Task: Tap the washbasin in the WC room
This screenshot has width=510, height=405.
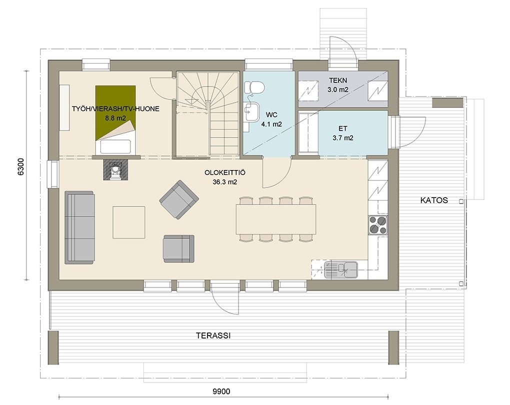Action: (252, 111)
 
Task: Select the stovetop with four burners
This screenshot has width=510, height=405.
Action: (378, 225)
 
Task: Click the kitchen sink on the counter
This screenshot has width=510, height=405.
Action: (341, 269)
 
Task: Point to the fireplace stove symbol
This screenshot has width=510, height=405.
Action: (115, 169)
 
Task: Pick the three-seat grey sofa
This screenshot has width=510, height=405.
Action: (79, 227)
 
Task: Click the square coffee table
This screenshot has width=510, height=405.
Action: (129, 222)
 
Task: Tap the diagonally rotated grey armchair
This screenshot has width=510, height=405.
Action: (179, 199)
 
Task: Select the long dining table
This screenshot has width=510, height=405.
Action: (276, 219)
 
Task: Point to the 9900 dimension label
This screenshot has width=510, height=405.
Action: (221, 391)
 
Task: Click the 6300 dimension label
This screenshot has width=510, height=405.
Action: (20, 166)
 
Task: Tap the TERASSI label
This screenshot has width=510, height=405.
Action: (213, 335)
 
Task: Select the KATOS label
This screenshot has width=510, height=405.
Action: (434, 200)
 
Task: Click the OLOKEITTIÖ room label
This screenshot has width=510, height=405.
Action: (225, 172)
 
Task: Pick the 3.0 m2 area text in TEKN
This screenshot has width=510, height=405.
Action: (338, 89)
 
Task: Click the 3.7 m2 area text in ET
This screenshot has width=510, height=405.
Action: (343, 138)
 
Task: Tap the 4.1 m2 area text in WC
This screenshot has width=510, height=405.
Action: (271, 124)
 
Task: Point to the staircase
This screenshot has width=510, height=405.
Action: (208, 114)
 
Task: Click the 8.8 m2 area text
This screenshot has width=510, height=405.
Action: (115, 118)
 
